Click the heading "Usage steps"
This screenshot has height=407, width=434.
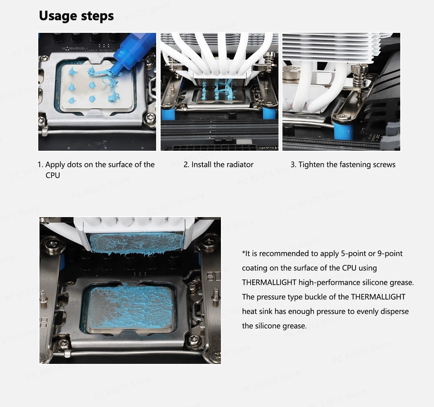pyautogui.click(x=76, y=16)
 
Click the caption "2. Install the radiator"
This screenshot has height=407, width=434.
pyautogui.click(x=218, y=165)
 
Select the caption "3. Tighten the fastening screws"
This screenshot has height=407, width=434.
pyautogui.click(x=343, y=165)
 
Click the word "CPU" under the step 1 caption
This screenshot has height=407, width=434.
pyautogui.click(x=53, y=175)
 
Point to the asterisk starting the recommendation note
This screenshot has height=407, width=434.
pyautogui.click(x=244, y=253)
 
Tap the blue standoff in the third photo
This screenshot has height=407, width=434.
pyautogui.click(x=344, y=131)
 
